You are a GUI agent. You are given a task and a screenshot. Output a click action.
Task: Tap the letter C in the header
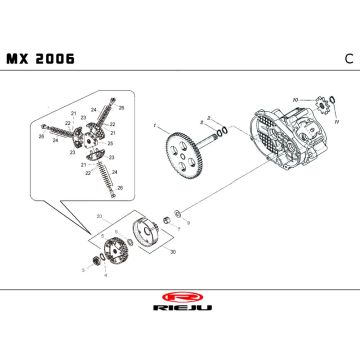click(x=347, y=58)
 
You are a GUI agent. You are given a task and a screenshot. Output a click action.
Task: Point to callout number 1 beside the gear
click(x=156, y=126)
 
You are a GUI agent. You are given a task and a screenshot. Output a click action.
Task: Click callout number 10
click(x=295, y=98)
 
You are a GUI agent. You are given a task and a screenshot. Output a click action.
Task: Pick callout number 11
click(x=336, y=122)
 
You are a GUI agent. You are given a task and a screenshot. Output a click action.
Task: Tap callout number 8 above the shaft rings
click(x=208, y=115)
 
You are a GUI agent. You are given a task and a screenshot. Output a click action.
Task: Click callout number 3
click(x=83, y=269)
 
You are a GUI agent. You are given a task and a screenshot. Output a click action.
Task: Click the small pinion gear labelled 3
click(x=97, y=261)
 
